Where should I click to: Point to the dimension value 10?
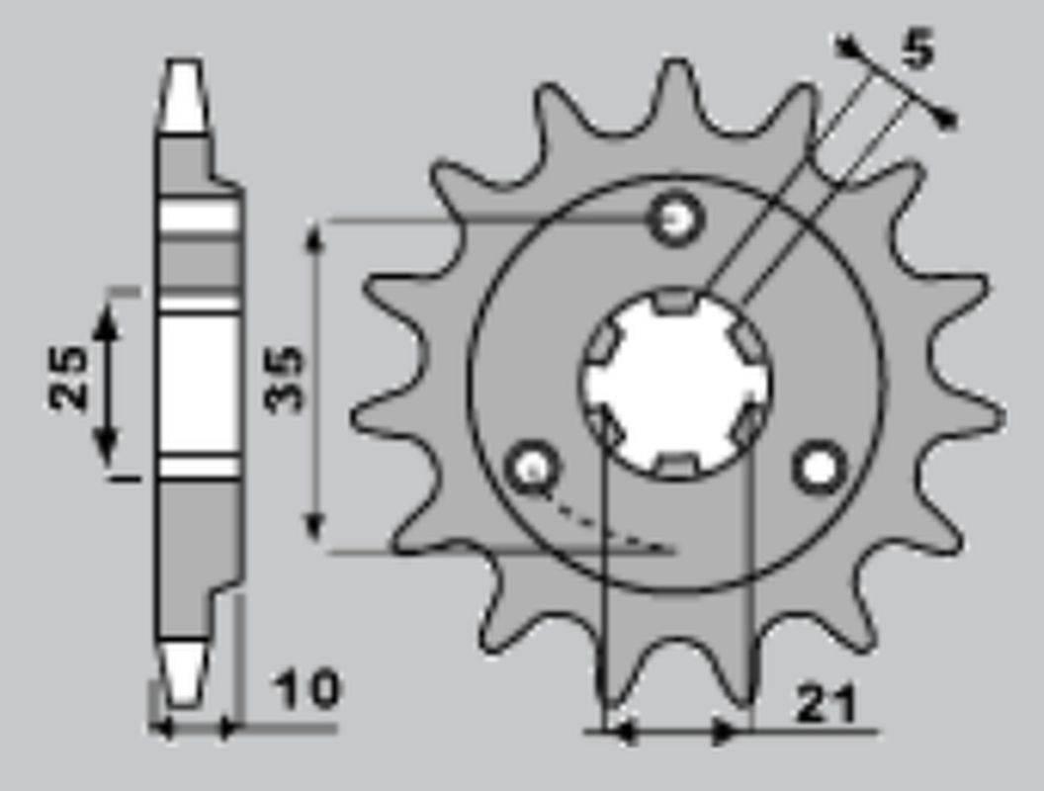click(305, 689)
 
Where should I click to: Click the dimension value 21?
click(826, 704)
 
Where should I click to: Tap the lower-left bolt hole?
click(533, 469)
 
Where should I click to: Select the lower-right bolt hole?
click(820, 468)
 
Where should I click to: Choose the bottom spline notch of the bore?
click(677, 463)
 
